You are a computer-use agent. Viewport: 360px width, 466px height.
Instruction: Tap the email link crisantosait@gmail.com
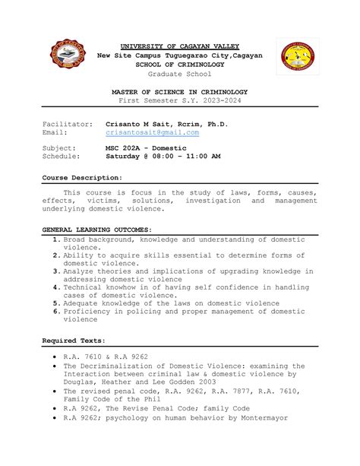click(152, 132)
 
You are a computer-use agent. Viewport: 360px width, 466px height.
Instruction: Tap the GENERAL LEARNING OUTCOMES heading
click(96, 229)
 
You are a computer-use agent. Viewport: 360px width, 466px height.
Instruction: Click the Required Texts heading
click(74, 341)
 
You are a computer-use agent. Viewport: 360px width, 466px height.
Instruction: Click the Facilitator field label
click(68, 123)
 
